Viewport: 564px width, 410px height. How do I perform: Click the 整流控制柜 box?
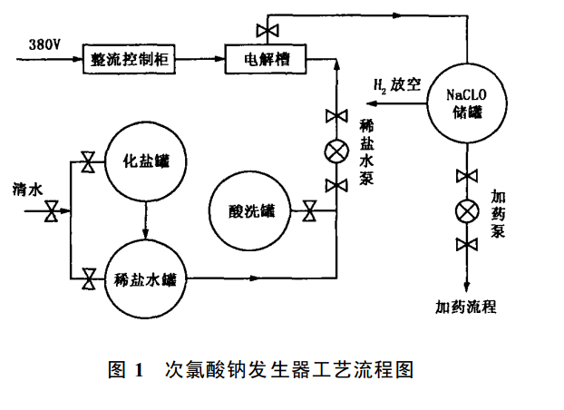point(128,60)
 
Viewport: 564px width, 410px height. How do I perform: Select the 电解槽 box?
point(265,60)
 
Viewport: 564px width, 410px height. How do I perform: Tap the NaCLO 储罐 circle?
point(466,102)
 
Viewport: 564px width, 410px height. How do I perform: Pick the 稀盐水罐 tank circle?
point(145,279)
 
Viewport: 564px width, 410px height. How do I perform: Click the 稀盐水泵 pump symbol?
point(336,151)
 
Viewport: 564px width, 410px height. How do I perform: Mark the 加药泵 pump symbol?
point(466,211)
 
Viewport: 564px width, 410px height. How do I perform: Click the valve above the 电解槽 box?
point(267,32)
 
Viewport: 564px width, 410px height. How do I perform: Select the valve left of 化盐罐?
point(89,163)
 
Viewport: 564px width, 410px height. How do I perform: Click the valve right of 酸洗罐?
point(310,214)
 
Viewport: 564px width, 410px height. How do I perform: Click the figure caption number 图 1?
point(126,370)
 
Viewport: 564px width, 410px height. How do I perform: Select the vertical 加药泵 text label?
point(498,212)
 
